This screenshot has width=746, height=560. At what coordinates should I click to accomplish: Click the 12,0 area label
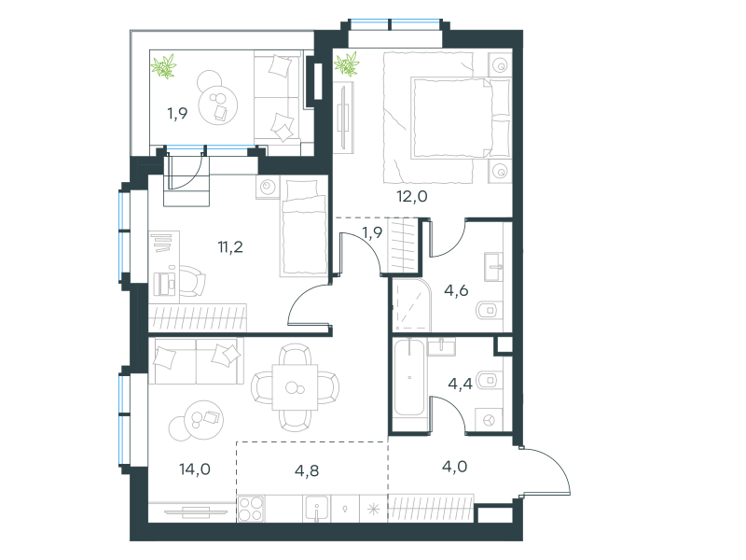coord(412,196)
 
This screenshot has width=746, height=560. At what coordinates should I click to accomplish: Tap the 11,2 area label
coord(230,246)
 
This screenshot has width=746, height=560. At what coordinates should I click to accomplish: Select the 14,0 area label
coord(195,469)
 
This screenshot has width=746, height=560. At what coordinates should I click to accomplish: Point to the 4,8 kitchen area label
coord(307,470)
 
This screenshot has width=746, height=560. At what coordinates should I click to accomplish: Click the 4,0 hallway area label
coord(454,466)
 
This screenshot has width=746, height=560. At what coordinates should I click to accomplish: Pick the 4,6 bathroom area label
coord(456,290)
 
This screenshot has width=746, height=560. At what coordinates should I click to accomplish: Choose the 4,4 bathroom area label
coord(460,384)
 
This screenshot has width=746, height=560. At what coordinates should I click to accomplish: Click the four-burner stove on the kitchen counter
coord(251,509)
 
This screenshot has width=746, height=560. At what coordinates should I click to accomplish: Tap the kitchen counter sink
coord(316,509)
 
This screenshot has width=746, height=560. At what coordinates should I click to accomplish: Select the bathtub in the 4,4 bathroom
coord(409,378)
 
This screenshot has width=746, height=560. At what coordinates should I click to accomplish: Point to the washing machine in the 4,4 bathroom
coord(489,420)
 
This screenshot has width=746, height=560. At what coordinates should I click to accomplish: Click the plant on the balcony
coord(164,65)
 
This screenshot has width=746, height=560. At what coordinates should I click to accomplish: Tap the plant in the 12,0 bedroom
coord(346,63)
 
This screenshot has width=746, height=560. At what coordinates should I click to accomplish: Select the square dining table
coord(295,387)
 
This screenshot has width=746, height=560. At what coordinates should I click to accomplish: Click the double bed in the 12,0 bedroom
coord(448,118)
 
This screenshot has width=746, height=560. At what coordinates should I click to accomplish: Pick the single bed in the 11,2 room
coord(304,227)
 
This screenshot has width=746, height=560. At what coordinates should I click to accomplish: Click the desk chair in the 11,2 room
coord(192,281)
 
